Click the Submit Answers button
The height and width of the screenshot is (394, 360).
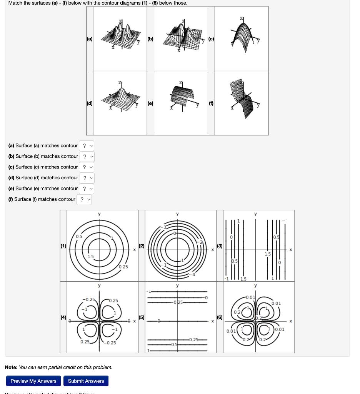[x=86, y=381]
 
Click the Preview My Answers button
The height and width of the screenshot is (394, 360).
[x=33, y=381]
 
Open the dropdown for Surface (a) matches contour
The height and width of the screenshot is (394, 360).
[x=87, y=146]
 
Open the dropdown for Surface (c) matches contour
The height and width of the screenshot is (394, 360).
[x=87, y=167]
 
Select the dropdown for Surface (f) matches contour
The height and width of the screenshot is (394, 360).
[x=84, y=199]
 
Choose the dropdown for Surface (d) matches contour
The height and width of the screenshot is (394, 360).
[x=87, y=178]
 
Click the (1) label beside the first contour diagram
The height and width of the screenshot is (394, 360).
[x=63, y=246]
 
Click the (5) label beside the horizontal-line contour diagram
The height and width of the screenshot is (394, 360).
[x=142, y=317]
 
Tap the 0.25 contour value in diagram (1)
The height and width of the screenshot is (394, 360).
[x=123, y=267]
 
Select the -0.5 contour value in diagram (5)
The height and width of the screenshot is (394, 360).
[x=174, y=345]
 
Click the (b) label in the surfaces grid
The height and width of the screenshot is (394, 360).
[x=150, y=39]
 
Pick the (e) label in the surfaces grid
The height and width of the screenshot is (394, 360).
[x=150, y=104]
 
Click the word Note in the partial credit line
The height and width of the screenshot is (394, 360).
[x=11, y=367]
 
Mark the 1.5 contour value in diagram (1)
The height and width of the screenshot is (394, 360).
[x=90, y=257]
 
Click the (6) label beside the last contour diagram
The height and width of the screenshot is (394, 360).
[x=220, y=317]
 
